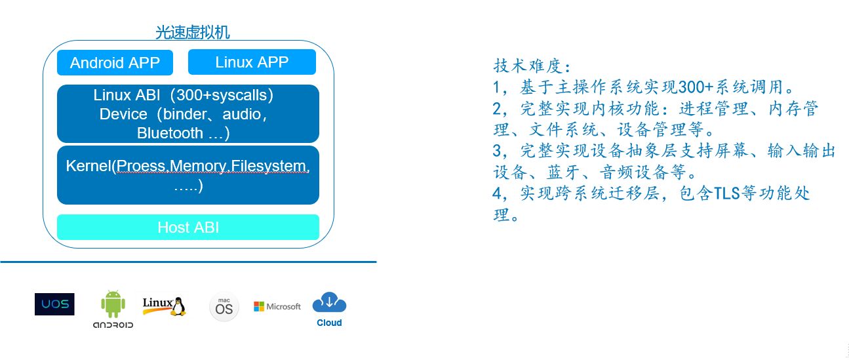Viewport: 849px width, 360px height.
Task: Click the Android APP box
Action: [115, 62]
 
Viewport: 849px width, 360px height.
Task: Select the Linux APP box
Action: [252, 62]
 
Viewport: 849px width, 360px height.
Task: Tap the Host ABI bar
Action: [188, 228]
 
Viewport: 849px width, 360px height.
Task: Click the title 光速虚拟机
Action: [193, 33]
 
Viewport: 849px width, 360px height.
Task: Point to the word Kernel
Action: [89, 166]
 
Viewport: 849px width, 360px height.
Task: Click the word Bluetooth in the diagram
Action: [170, 133]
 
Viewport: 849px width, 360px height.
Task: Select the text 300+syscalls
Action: [222, 95]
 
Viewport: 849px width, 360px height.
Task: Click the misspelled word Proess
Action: [141, 166]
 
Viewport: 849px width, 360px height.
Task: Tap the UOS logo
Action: [54, 304]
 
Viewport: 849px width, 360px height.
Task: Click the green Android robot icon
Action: [113, 304]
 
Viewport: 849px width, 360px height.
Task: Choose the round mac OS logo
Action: [224, 307]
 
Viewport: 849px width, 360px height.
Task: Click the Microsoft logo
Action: [277, 306]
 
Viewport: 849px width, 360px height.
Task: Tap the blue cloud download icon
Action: [329, 302]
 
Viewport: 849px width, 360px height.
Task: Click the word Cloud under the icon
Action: [329, 323]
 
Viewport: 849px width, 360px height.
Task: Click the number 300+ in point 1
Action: [696, 87]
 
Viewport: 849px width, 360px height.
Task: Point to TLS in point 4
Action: [726, 193]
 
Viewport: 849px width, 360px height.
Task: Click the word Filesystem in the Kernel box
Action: [268, 166]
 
